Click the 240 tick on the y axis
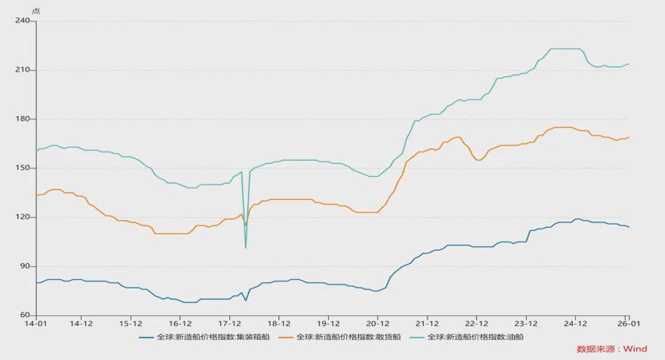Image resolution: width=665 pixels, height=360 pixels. (x=22, y=21)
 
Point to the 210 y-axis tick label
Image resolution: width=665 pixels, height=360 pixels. (x=22, y=70)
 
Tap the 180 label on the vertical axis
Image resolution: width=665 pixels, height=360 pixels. (x=22, y=119)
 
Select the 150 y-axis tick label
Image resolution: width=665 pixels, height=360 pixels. (x=22, y=168)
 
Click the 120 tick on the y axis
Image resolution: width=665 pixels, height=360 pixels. (x=22, y=217)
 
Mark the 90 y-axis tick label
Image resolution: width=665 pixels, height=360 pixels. (x=24, y=266)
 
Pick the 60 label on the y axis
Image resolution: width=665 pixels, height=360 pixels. (x=24, y=315)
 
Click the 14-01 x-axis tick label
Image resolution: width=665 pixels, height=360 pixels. (x=36, y=324)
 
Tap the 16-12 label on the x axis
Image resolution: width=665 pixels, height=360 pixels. (x=180, y=324)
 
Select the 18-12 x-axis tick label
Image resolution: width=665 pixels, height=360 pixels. (x=279, y=324)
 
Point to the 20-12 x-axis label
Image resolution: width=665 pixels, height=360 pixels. (x=377, y=324)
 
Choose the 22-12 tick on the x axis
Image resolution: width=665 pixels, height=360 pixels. (x=477, y=324)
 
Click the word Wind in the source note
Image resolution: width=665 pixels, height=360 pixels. (x=635, y=349)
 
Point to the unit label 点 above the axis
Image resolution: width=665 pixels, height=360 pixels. (x=35, y=9)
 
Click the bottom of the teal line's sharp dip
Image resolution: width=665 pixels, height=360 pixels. (x=246, y=248)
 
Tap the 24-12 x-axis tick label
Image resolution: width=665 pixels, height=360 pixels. (x=575, y=324)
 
